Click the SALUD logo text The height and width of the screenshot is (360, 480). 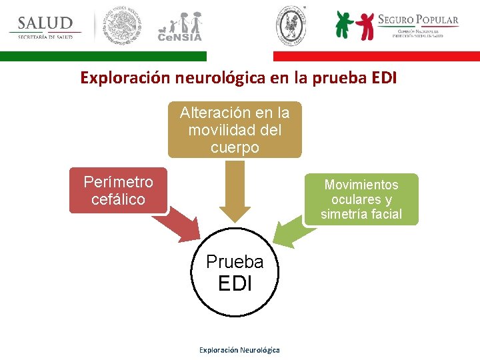[x=45, y=23]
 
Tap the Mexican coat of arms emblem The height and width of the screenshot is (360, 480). [x=121, y=27]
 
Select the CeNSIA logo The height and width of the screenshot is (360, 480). [x=179, y=27]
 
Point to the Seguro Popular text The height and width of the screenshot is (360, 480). [x=418, y=19]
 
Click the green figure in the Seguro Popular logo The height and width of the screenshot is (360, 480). [x=344, y=25]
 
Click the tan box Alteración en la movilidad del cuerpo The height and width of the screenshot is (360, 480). [x=235, y=129]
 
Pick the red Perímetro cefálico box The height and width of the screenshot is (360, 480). [x=118, y=190]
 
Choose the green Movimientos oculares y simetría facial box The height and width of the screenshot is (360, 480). [x=361, y=199]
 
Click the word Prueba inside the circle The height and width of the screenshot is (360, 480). [x=235, y=262]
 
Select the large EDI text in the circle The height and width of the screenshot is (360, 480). [x=235, y=283]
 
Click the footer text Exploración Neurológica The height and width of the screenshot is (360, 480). [x=239, y=350]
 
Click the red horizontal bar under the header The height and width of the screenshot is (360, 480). [x=376, y=57]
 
